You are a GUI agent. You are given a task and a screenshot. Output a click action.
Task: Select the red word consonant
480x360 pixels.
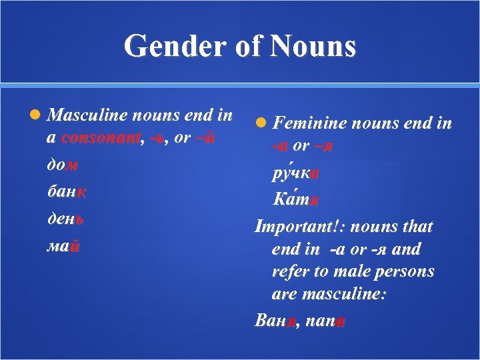coord(101,138)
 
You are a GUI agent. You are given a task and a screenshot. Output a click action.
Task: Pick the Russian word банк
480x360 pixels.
coord(67,192)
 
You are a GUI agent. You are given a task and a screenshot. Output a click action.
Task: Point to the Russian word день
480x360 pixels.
coord(65,218)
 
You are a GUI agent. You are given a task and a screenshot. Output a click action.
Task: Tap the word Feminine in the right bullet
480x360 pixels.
coord(309,123)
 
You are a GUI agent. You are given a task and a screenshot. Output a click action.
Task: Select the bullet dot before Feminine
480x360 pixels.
coord(261,123)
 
